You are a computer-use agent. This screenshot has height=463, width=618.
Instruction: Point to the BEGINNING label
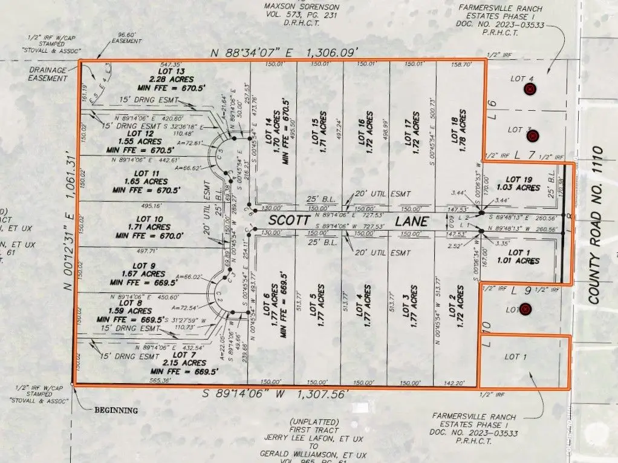[x=116, y=410]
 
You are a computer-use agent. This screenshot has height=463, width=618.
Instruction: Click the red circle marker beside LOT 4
[x=530, y=90]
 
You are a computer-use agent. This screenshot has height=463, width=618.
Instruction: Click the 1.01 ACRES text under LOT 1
[x=522, y=261]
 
